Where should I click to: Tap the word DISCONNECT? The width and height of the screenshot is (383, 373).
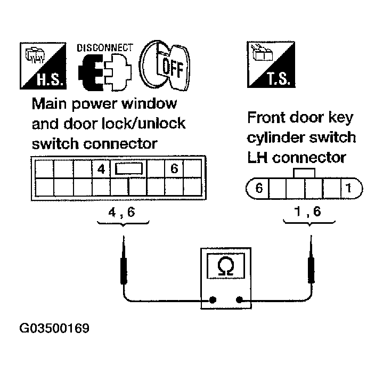click(x=105, y=48)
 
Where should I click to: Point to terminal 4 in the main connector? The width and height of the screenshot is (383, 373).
click(x=100, y=170)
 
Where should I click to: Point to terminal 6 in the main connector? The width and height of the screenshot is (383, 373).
click(x=174, y=170)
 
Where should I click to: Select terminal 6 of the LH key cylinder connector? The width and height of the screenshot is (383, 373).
click(x=259, y=189)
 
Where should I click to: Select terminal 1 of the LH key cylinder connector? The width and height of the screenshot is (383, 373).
click(x=348, y=189)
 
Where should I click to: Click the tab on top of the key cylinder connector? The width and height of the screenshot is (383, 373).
click(x=304, y=174)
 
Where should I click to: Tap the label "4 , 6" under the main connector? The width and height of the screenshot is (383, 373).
click(x=123, y=212)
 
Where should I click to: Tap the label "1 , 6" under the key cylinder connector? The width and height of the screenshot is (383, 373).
click(x=308, y=212)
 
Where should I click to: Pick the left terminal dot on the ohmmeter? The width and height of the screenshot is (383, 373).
click(x=212, y=301)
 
